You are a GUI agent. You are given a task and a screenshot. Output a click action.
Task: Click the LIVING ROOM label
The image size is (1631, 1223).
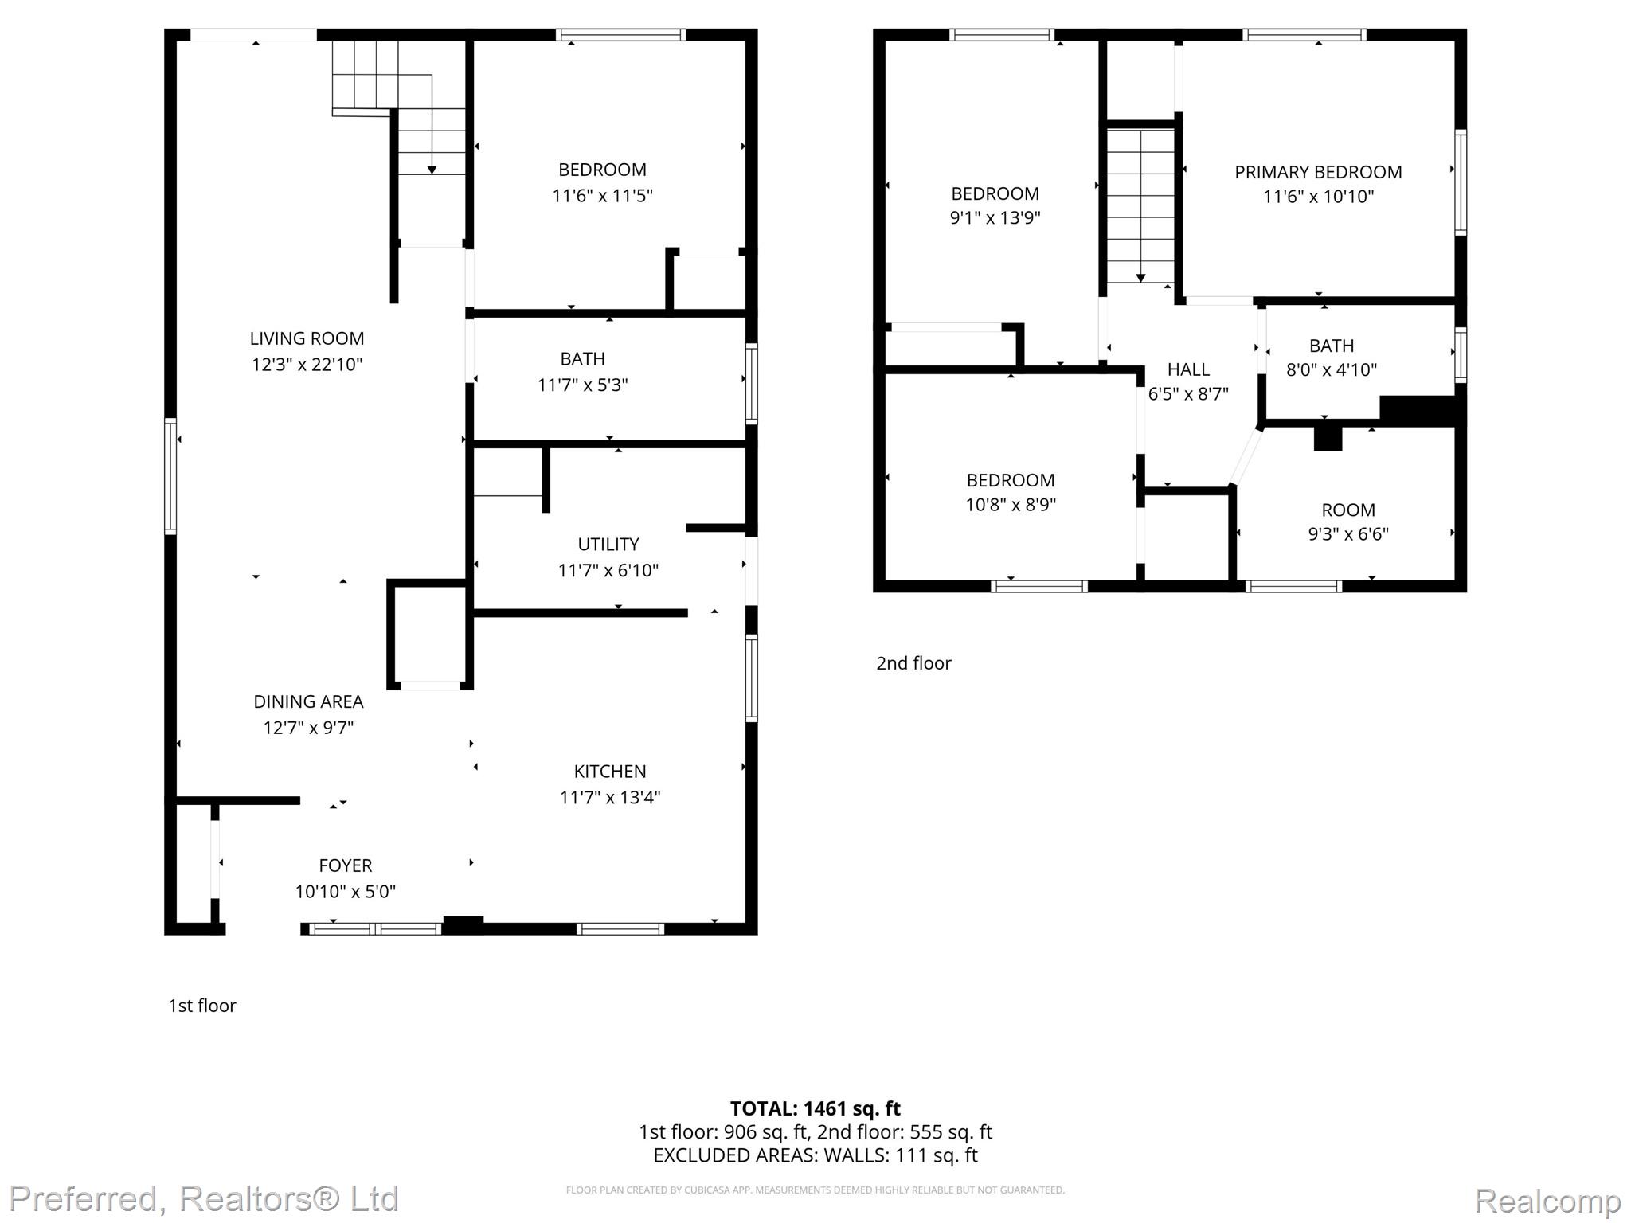tap(307, 338)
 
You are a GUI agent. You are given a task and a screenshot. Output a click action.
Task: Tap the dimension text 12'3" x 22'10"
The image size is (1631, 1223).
tap(307, 365)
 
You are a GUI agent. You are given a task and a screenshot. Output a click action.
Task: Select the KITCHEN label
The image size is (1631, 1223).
tap(610, 772)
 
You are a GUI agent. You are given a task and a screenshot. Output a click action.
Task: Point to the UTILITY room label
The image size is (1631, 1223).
tap(608, 545)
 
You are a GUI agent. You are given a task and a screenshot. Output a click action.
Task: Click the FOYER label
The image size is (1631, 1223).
tap(346, 865)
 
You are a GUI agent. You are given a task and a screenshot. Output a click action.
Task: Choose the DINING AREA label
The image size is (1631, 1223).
tap(308, 701)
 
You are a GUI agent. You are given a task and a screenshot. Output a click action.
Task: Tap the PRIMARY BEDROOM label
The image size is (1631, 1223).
tap(1318, 172)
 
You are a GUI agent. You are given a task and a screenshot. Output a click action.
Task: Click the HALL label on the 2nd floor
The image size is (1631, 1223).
tap(1188, 369)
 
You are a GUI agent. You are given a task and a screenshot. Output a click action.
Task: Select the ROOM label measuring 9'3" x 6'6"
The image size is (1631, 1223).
tap(1348, 510)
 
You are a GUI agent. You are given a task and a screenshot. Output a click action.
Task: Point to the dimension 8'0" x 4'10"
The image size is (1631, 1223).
tap(1332, 369)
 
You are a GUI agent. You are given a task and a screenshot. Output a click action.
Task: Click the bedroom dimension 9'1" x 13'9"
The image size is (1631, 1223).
tap(995, 217)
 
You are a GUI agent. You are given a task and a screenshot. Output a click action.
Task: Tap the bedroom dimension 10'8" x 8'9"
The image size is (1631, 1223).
tap(1011, 504)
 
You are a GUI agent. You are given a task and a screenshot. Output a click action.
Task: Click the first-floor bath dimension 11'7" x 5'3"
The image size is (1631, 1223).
tap(583, 385)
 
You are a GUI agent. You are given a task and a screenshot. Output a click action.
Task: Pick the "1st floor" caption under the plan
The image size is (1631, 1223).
tap(202, 1006)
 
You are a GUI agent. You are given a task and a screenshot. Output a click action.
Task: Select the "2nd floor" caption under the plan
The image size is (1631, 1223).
tap(913, 663)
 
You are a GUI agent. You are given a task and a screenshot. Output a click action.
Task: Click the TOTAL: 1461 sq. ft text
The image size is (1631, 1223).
tap(815, 1108)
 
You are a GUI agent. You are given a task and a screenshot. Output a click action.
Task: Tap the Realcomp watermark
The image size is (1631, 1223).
tap(1547, 1200)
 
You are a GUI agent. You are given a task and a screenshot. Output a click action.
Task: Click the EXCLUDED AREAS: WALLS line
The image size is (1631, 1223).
tap(815, 1155)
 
